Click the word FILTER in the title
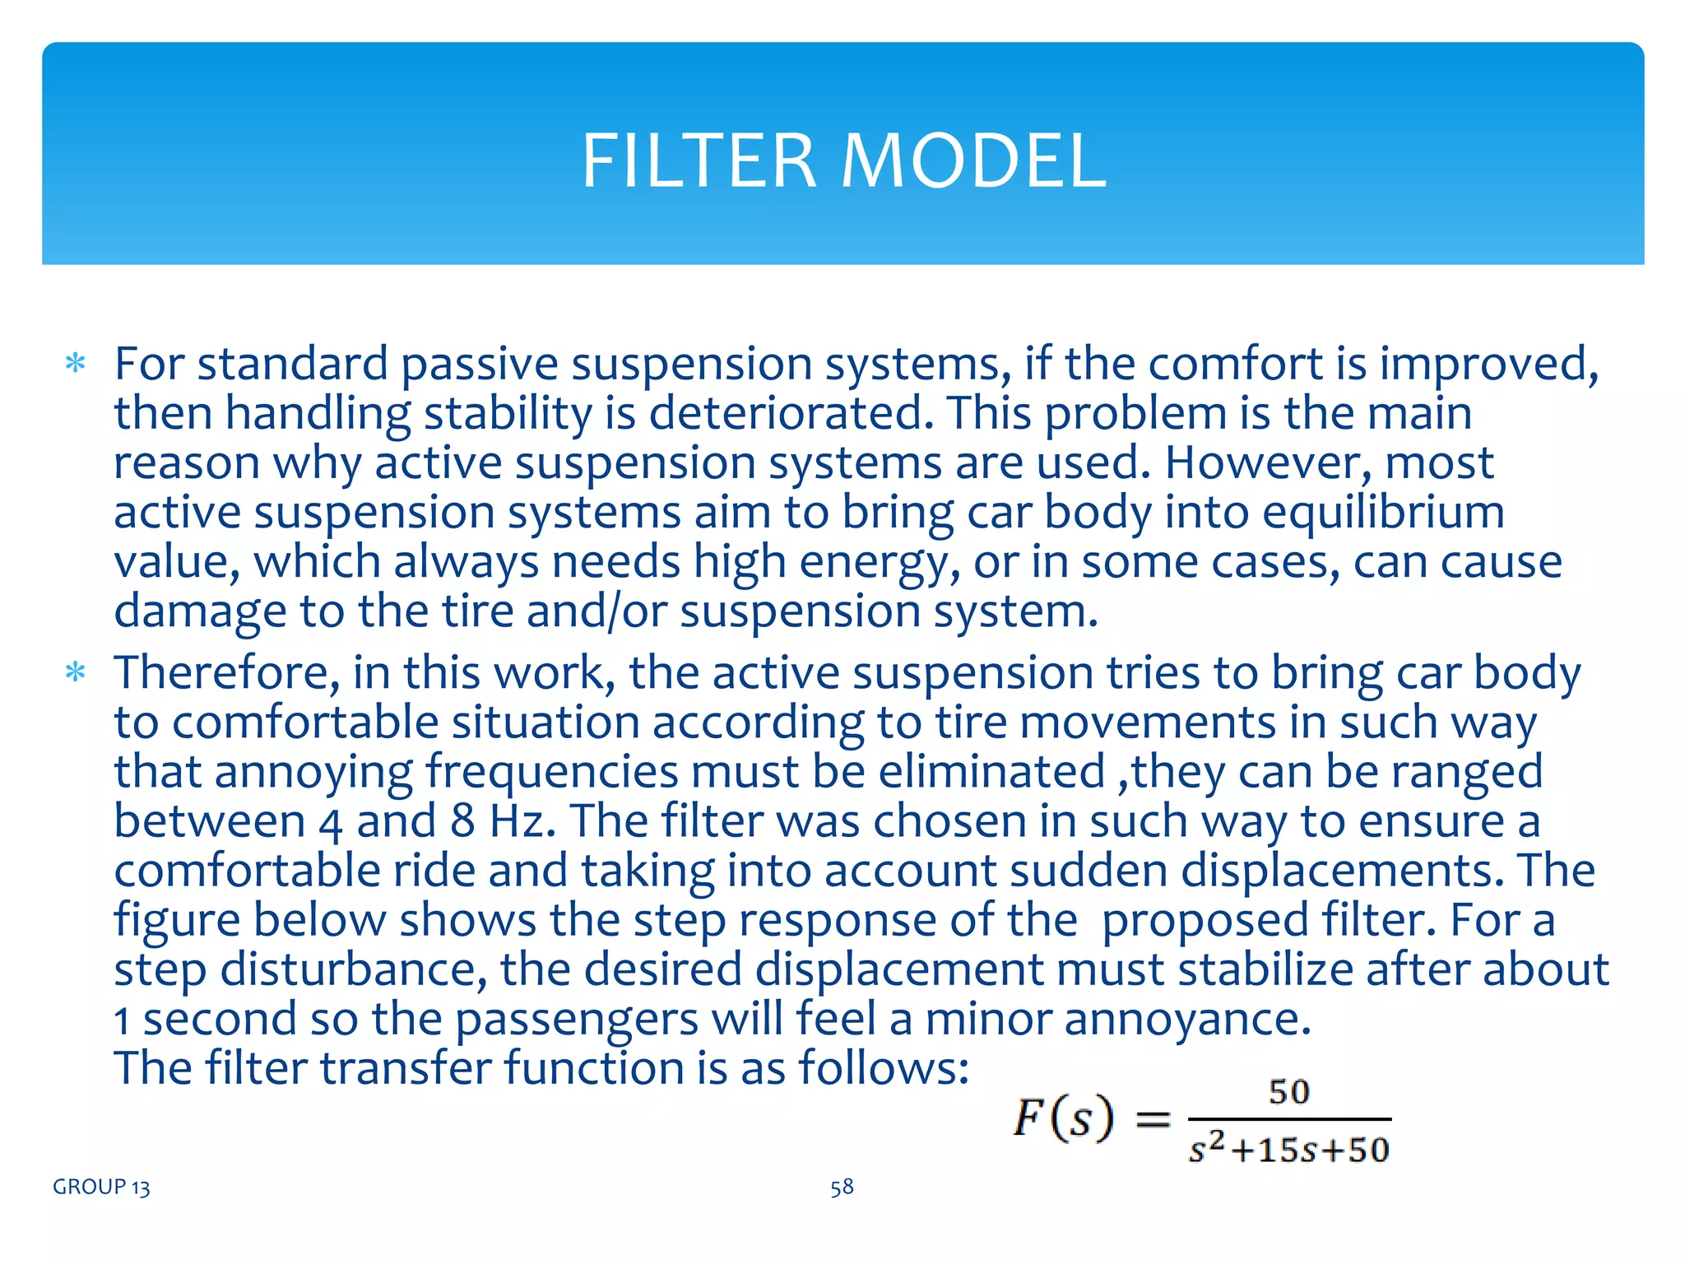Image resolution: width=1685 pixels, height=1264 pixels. [x=699, y=161]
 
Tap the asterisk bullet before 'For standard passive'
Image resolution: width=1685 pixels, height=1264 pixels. [x=76, y=364]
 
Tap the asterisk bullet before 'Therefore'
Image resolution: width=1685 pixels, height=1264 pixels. [x=76, y=673]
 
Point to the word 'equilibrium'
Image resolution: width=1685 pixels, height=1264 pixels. [x=1383, y=512]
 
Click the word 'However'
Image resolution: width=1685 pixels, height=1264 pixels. [x=1268, y=462]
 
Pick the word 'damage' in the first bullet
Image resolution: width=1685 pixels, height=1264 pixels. [x=200, y=611]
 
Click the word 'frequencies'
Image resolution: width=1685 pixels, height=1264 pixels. [x=551, y=772]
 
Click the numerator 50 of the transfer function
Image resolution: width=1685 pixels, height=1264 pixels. [x=1289, y=1092]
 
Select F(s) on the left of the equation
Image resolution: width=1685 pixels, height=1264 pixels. [x=1063, y=1118]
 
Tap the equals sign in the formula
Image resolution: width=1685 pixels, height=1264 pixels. [x=1153, y=1118]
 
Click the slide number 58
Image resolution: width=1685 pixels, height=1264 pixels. [x=842, y=1187]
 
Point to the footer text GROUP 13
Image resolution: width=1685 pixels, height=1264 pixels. [x=101, y=1187]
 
